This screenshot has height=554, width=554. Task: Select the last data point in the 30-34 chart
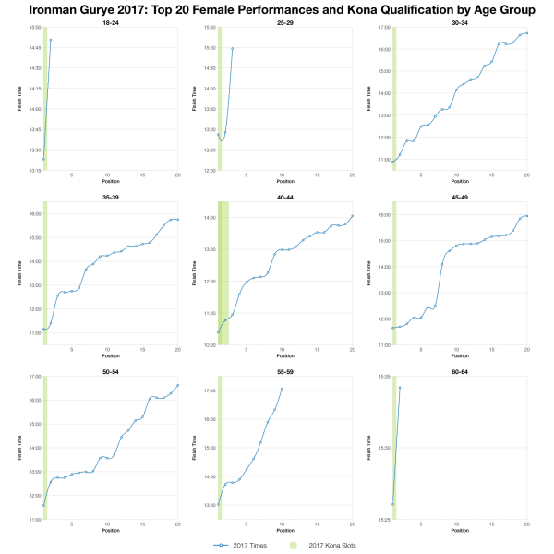click(x=526, y=33)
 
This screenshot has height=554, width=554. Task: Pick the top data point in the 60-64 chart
click(x=400, y=388)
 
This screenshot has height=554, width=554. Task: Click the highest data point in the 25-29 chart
click(x=233, y=48)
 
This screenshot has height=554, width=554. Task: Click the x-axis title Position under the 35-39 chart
click(x=110, y=355)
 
